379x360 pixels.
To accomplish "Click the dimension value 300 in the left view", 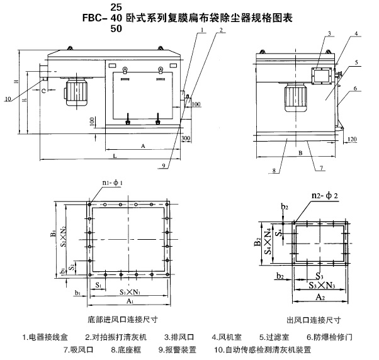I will pyautogui.click(x=186, y=137).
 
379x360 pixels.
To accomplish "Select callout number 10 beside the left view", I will pyautogui.click(x=7, y=98).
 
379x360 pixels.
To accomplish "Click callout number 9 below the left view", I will pyautogui.click(x=162, y=166).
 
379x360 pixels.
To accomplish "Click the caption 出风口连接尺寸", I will pyautogui.click(x=312, y=320).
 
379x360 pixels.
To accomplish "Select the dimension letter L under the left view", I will pyautogui.click(x=114, y=154).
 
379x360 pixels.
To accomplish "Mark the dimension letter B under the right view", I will pyautogui.click(x=300, y=152).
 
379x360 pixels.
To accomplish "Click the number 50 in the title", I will pyautogui.click(x=116, y=28).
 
